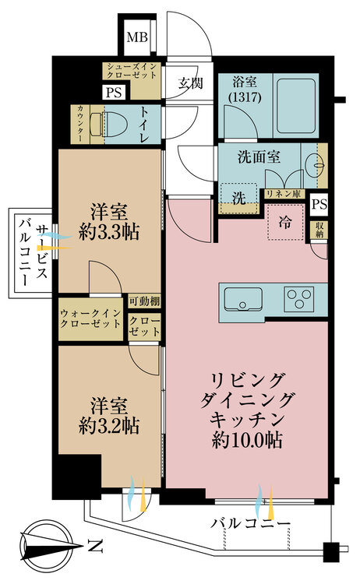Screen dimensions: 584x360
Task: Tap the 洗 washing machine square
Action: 238,197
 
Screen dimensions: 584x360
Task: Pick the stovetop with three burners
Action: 299,298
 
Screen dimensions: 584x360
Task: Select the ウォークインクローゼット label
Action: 90,320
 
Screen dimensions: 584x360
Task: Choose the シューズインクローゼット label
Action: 133,74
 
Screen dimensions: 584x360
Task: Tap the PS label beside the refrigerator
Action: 319,206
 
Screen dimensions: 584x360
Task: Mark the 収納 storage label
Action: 319,230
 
